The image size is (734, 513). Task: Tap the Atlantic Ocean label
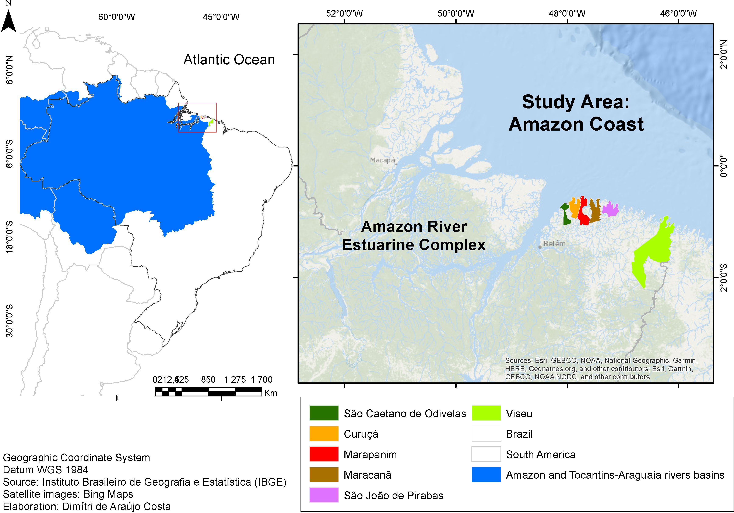[x=229, y=60]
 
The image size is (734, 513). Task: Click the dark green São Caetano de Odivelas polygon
[x=566, y=216]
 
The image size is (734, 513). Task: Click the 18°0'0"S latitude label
[x=10, y=237]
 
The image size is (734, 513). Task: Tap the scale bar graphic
[x=208, y=391]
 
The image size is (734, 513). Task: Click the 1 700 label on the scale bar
[x=261, y=380]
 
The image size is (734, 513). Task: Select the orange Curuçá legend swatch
[x=323, y=434]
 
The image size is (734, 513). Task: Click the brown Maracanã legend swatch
[x=323, y=475]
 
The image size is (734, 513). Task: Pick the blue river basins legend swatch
[x=486, y=475]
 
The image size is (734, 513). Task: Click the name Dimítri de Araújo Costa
[x=116, y=506]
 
